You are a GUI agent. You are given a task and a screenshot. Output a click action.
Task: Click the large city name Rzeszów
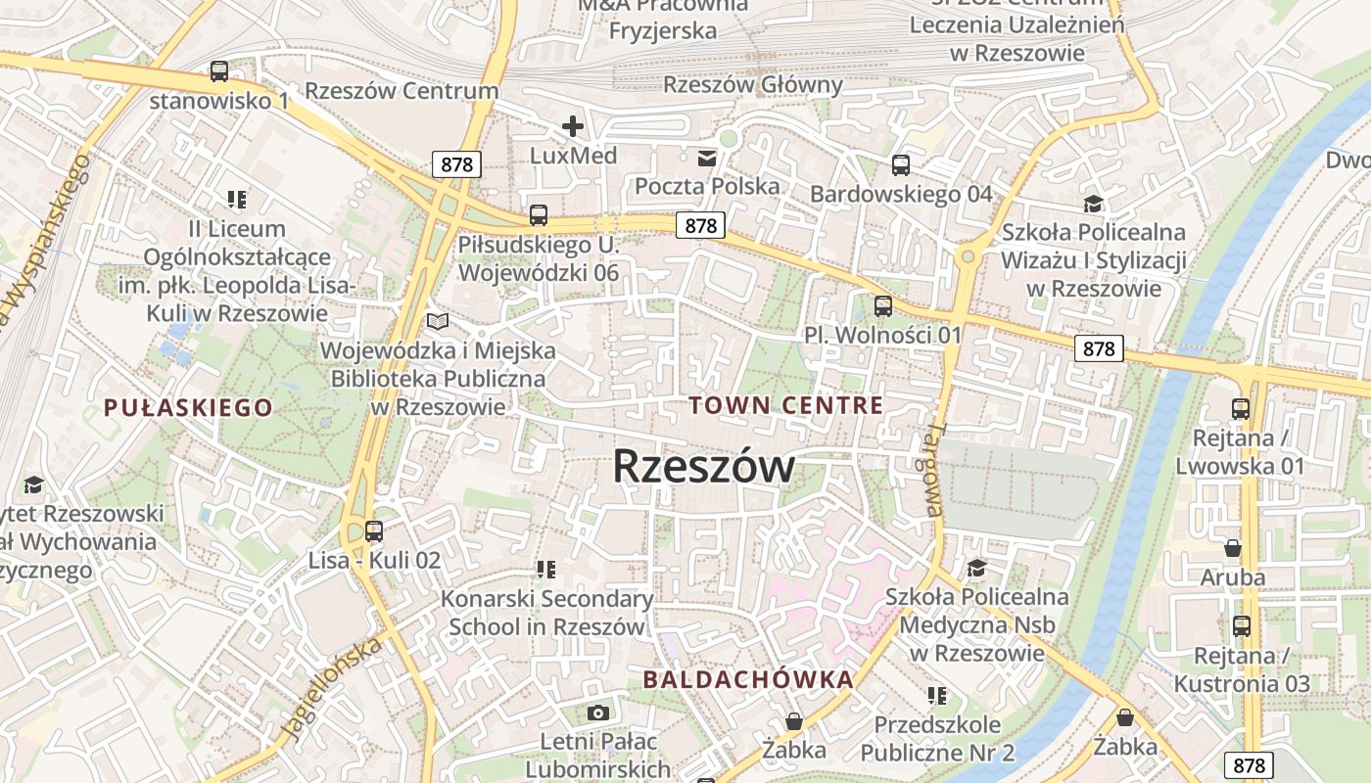(x=703, y=467)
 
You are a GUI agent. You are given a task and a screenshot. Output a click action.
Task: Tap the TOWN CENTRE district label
(x=785, y=405)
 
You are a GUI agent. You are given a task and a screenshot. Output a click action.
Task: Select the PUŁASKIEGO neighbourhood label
(x=188, y=408)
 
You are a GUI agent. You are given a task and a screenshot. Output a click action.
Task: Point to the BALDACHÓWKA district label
(x=748, y=679)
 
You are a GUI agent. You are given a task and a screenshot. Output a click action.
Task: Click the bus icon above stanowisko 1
(x=219, y=71)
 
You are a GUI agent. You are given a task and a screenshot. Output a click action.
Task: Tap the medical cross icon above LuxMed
(x=573, y=126)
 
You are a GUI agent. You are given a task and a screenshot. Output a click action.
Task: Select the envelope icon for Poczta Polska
(x=706, y=158)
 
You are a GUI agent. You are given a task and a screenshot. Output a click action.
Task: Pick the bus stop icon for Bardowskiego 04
(x=901, y=165)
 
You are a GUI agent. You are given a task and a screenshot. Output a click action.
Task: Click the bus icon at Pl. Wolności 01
(x=883, y=306)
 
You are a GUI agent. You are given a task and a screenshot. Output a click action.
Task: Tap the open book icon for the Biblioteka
(x=438, y=321)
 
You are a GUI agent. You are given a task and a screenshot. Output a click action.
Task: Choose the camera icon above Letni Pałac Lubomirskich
(x=598, y=713)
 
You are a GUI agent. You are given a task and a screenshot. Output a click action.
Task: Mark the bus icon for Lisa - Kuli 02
(x=374, y=531)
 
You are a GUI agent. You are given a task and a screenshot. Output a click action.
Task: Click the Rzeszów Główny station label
(x=753, y=85)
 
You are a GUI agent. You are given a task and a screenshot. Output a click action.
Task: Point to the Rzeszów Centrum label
(x=402, y=91)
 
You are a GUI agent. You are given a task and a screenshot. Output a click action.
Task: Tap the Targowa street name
(x=934, y=470)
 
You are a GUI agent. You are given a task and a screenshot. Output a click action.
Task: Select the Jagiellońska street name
(x=331, y=689)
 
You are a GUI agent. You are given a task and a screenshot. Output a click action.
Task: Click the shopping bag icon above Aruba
(x=1233, y=547)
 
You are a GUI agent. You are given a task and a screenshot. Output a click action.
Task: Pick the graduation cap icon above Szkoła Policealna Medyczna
(x=976, y=568)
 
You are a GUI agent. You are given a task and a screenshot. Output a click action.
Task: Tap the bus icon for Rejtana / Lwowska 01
(x=1241, y=408)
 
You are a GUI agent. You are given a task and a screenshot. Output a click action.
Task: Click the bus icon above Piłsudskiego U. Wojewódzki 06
(x=539, y=215)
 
